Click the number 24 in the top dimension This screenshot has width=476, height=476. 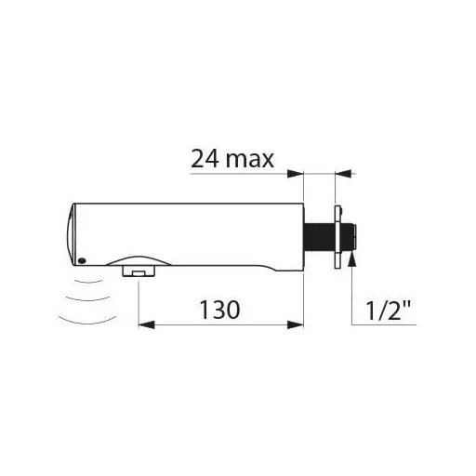coord(205,158)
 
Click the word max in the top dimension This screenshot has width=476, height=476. coord(250,160)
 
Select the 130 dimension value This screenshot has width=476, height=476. coord(219,310)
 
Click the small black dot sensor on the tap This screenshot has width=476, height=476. coord(82,261)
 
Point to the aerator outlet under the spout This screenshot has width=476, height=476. coord(139,271)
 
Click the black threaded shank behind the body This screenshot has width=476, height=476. coord(319,237)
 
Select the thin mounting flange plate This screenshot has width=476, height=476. coord(337,237)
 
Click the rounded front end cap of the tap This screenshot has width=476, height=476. coord(72,234)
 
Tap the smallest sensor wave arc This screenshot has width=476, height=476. coord(89,282)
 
